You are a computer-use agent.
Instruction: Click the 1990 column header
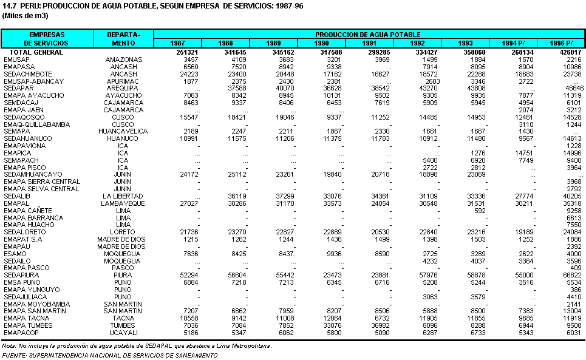[x=321, y=43]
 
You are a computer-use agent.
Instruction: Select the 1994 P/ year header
[x=513, y=43]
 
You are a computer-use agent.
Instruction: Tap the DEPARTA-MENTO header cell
[x=123, y=39]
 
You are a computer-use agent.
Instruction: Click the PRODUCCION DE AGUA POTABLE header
[x=368, y=35]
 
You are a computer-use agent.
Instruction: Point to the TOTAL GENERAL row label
[x=36, y=52]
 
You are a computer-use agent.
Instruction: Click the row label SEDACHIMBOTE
[x=28, y=74]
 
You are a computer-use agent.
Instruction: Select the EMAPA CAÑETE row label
[x=28, y=211]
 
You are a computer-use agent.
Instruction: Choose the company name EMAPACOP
[x=21, y=333]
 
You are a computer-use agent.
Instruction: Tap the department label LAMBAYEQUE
[x=123, y=203]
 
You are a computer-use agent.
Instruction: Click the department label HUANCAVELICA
[x=123, y=132]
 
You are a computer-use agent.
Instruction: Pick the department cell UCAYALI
[x=123, y=333]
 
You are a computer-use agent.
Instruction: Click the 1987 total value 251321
[x=187, y=52]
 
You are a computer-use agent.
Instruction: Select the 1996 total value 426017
[x=570, y=52]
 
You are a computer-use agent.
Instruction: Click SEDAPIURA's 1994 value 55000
[x=524, y=275]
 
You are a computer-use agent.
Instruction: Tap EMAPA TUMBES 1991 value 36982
[x=380, y=325]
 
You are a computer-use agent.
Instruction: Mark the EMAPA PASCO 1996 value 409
[x=576, y=268]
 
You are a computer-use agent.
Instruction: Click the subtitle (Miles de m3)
[x=25, y=16]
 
